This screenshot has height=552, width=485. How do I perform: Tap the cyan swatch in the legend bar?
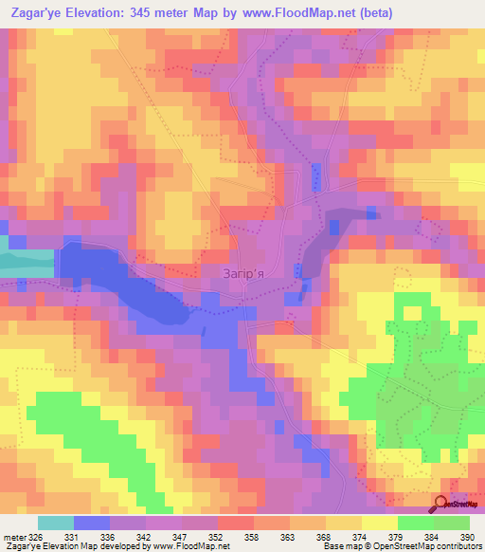click(x=55, y=523)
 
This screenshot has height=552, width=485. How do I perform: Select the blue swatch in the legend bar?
click(x=92, y=523)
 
